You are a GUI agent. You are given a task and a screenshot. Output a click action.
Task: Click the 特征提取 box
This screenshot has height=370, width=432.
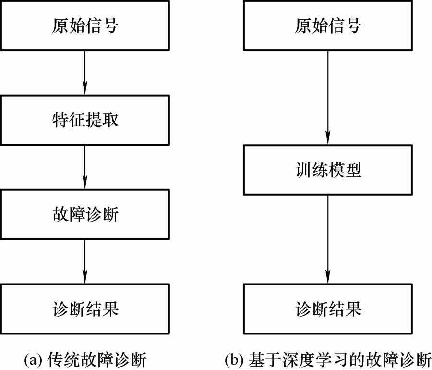point(85,120)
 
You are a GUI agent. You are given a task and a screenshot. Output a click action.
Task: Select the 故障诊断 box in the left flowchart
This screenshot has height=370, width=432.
point(85,214)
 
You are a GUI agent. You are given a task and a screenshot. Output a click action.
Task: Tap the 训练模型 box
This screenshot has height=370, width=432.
point(328,170)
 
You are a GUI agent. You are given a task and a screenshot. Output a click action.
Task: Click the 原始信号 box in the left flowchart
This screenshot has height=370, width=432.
point(85,25)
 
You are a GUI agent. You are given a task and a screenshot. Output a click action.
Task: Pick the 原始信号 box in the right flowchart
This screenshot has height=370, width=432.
point(328,25)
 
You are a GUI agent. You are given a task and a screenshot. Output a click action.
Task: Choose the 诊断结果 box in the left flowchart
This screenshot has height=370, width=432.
point(85,309)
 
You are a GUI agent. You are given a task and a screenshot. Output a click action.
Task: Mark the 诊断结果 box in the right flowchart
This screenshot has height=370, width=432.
point(328,309)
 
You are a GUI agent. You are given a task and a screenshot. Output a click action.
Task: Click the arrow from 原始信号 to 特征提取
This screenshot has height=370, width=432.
point(85,73)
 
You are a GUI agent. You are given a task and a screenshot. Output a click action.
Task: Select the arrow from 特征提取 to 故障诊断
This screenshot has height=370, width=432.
point(85,167)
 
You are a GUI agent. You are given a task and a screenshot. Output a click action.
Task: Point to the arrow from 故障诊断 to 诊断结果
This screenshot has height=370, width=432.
point(85,262)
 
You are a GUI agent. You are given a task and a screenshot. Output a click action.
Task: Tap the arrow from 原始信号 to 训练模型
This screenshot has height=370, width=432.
point(328,98)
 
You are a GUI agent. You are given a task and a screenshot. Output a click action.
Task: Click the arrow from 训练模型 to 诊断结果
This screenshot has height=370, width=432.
point(328,239)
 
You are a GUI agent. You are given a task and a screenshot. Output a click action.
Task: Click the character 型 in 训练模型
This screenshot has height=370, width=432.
point(353,170)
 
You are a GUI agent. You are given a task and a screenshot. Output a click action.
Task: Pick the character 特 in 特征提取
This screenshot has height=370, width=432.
point(60,120)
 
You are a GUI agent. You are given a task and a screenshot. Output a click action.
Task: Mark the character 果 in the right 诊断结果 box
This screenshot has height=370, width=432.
point(353,309)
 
